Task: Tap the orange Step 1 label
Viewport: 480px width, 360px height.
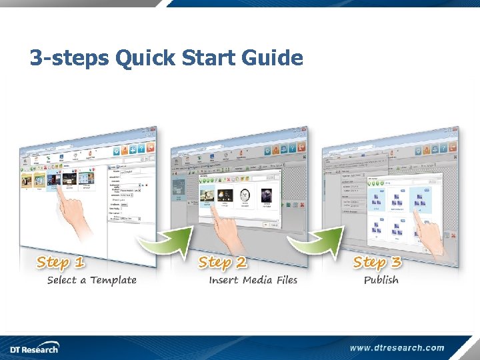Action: click(x=61, y=262)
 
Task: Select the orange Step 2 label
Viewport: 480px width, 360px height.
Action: click(x=222, y=263)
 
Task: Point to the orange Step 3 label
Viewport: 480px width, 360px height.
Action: click(x=377, y=263)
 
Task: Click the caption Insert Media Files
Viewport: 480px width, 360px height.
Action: click(x=253, y=280)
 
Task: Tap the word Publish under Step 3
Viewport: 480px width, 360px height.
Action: click(x=381, y=280)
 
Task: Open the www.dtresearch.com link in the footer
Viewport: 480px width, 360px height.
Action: click(x=397, y=347)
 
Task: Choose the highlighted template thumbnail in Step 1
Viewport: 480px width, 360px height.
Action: click(x=53, y=181)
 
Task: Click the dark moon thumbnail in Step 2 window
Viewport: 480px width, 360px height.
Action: click(x=266, y=196)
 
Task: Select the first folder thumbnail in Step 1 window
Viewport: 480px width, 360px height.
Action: click(x=27, y=180)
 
